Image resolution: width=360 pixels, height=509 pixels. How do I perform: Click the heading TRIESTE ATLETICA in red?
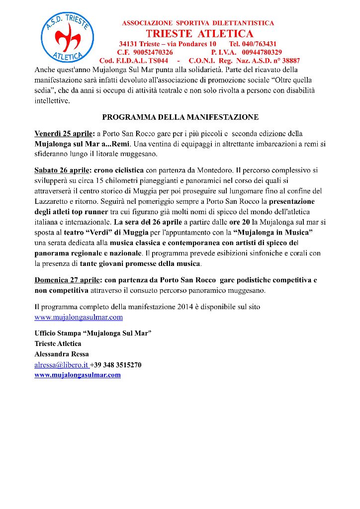click(x=199, y=34)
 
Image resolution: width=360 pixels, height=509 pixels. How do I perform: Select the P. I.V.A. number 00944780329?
click(x=262, y=52)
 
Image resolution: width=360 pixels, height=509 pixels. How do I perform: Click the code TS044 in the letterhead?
click(x=155, y=61)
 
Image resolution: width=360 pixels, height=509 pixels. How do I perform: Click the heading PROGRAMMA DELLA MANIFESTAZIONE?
click(x=180, y=118)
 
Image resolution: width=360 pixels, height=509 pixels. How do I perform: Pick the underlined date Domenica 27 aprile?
click(x=66, y=280)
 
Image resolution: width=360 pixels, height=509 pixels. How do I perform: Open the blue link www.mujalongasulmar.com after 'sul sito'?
click(x=79, y=317)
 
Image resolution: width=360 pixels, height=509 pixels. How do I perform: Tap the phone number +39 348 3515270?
click(x=116, y=365)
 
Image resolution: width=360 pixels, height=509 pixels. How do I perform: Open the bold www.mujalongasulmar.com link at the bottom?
click(x=78, y=375)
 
